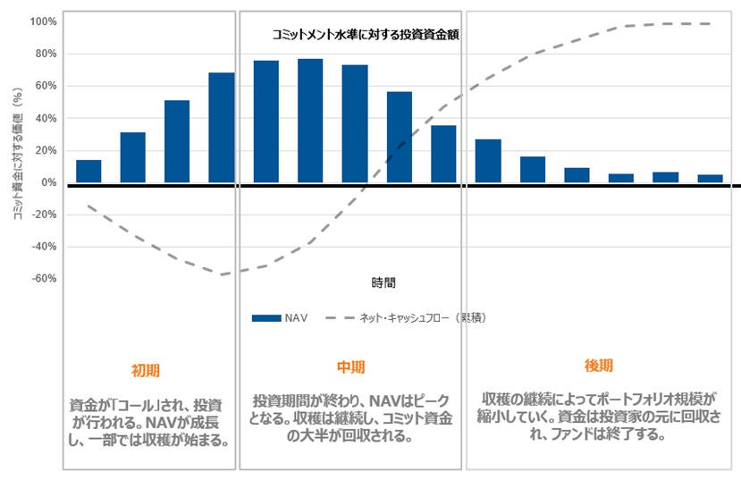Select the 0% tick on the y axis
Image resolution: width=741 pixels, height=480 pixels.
pyautogui.click(x=48, y=182)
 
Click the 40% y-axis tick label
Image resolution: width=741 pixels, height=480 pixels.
pyautogui.click(x=45, y=118)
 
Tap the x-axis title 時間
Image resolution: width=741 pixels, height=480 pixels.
pyautogui.click(x=383, y=282)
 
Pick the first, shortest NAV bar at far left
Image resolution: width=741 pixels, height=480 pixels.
pyautogui.click(x=88, y=172)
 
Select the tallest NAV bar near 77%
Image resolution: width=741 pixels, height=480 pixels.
pyautogui.click(x=310, y=121)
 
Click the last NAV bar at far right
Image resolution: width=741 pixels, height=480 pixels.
pyautogui.click(x=710, y=179)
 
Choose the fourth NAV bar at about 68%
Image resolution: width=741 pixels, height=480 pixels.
pyautogui.click(x=222, y=128)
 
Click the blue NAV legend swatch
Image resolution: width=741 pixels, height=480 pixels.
pyautogui.click(x=267, y=317)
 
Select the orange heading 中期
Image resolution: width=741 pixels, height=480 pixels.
pyautogui.click(x=351, y=367)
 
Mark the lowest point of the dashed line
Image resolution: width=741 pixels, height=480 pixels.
pyautogui.click(x=220, y=274)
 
